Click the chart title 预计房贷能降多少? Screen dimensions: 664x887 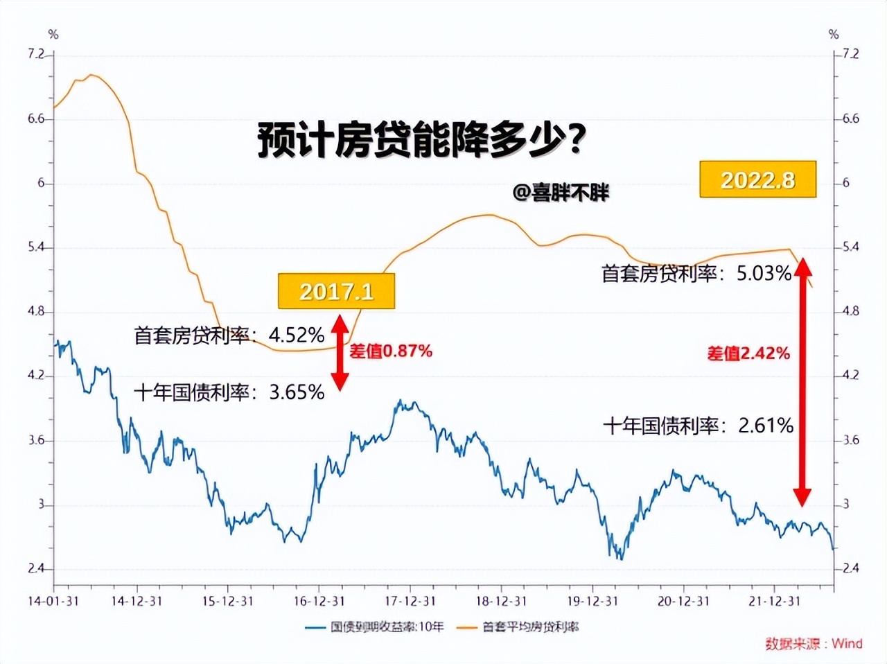[x=422, y=141]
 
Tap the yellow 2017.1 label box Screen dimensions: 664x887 [x=336, y=291]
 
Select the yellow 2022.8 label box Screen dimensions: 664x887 [x=757, y=180]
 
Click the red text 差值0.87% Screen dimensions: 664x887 [x=390, y=351]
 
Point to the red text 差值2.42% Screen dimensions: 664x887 [x=748, y=353]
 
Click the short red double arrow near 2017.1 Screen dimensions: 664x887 [x=340, y=353]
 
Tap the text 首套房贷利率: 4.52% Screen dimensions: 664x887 [x=229, y=335]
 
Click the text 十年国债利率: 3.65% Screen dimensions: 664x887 [x=229, y=392]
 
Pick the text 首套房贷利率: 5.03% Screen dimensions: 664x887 [x=696, y=273]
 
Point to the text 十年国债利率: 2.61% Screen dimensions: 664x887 [x=698, y=425]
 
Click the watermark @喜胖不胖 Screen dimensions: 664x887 [x=561, y=192]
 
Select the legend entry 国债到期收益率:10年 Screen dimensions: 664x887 [x=375, y=627]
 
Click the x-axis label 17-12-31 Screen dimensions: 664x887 [x=410, y=601]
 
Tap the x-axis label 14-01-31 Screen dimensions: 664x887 [x=53, y=601]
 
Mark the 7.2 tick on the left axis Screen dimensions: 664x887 [x=36, y=54]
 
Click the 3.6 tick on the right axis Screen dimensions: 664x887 [x=851, y=440]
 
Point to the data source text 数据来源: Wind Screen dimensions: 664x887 [x=814, y=643]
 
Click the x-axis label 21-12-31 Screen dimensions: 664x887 [x=774, y=601]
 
